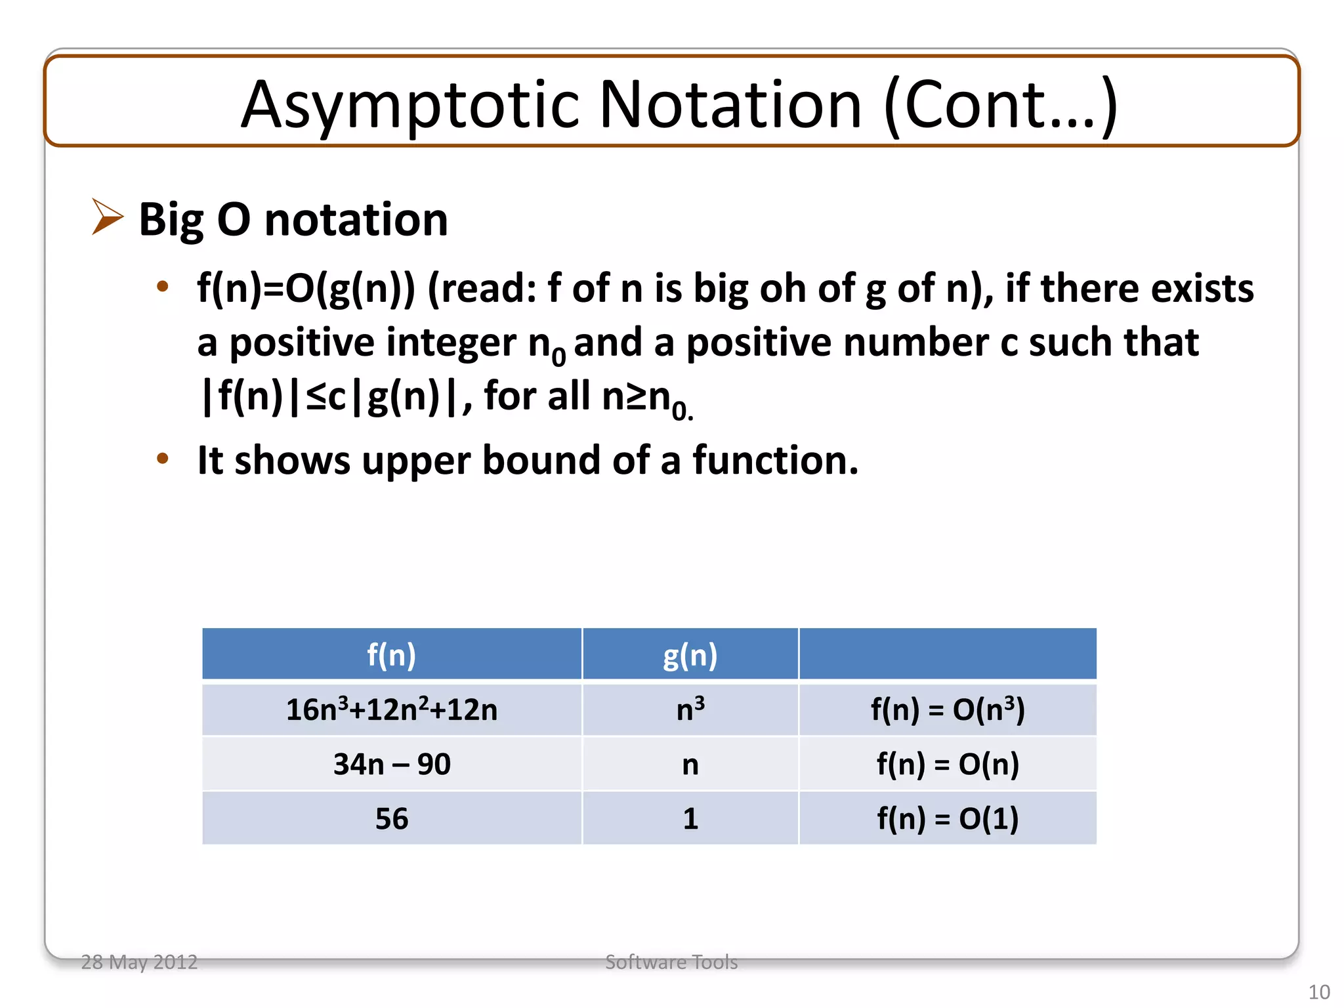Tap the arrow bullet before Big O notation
point(107,217)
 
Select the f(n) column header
point(391,654)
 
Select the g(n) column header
point(690,654)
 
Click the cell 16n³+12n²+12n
point(391,709)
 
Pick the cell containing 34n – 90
point(391,764)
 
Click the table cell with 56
point(391,818)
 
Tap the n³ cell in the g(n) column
point(690,709)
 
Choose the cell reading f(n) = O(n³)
point(947,709)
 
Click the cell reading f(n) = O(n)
point(947,764)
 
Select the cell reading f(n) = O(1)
point(947,818)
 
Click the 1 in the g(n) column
point(690,818)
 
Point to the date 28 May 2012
point(139,962)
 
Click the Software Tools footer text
point(671,962)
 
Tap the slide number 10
point(1318,992)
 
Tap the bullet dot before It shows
point(163,459)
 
